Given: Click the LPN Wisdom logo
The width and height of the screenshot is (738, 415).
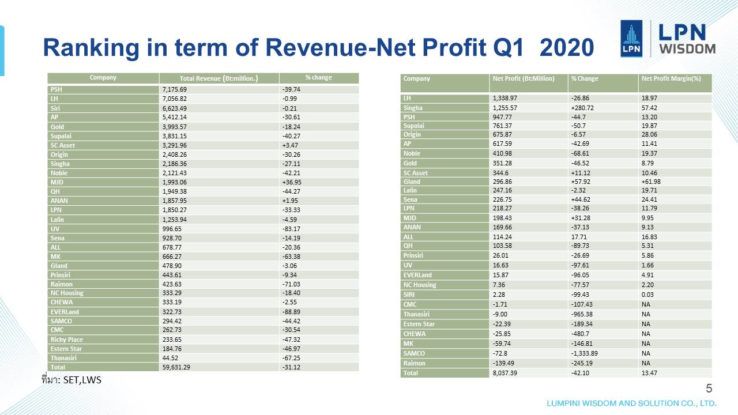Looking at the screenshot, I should (668, 39).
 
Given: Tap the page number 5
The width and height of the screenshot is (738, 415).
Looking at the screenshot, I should (709, 388).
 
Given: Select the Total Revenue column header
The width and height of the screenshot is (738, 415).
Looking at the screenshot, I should (219, 78).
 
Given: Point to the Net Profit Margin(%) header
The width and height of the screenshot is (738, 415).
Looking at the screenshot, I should (671, 78).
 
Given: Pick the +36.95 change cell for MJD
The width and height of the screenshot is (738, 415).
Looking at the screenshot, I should (292, 182).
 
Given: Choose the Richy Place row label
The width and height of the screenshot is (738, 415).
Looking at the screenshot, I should (67, 339).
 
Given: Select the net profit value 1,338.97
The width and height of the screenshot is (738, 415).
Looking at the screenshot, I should (507, 99).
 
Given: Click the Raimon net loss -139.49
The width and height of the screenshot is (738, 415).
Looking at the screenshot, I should (506, 363).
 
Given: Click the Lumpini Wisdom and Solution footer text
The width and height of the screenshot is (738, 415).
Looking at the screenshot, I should (631, 403).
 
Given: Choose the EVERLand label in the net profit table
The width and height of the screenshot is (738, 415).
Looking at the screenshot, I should (417, 275).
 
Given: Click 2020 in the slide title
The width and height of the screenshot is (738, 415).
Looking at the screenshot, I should (567, 48).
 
